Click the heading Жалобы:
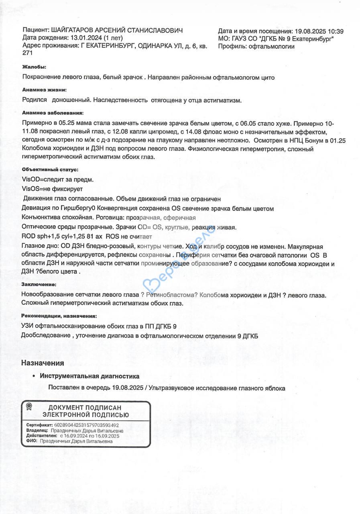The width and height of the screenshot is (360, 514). pyautogui.click(x=34, y=66)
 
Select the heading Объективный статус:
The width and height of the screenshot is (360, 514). pyautogui.click(x=50, y=170)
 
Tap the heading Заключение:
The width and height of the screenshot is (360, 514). pyautogui.click(x=39, y=284)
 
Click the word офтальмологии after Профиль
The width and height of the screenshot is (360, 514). pyautogui.click(x=271, y=46)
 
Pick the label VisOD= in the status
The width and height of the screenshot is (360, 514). pyautogui.click(x=33, y=179)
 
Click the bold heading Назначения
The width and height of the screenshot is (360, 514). pyautogui.click(x=43, y=363)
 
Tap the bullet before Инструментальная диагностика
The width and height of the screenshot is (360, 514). pyautogui.click(x=33, y=377)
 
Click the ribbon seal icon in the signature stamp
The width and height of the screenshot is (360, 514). pyautogui.click(x=29, y=406)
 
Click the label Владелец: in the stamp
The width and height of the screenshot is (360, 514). pyautogui.click(x=37, y=430)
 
